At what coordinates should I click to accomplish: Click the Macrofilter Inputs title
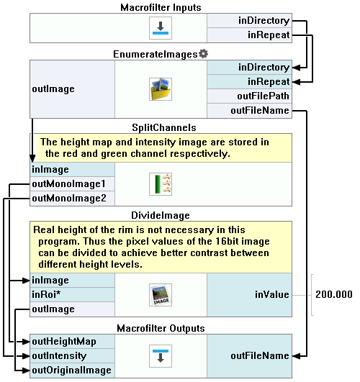point(161,7)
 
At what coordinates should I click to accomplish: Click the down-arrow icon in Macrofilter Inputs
point(161,28)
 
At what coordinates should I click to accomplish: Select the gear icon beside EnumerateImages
point(204,54)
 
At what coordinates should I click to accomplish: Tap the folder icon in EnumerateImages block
point(161,89)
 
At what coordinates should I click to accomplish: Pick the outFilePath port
point(250,96)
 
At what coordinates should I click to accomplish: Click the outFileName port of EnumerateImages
point(250,111)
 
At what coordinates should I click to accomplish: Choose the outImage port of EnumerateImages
point(72,89)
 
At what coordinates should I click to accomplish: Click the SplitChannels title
point(164,127)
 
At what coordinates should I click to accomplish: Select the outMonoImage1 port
point(72,184)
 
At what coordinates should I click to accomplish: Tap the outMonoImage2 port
point(72,199)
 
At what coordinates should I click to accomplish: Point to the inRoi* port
point(72,295)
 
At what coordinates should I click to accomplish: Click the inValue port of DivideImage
point(250,295)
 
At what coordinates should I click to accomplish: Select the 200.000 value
point(334,294)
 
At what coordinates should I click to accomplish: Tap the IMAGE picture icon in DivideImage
point(161,295)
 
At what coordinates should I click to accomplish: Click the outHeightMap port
point(72,342)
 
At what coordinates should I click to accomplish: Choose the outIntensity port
point(72,356)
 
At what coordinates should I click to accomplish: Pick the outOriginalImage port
point(72,370)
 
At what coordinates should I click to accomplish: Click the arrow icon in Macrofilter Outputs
point(161,356)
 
